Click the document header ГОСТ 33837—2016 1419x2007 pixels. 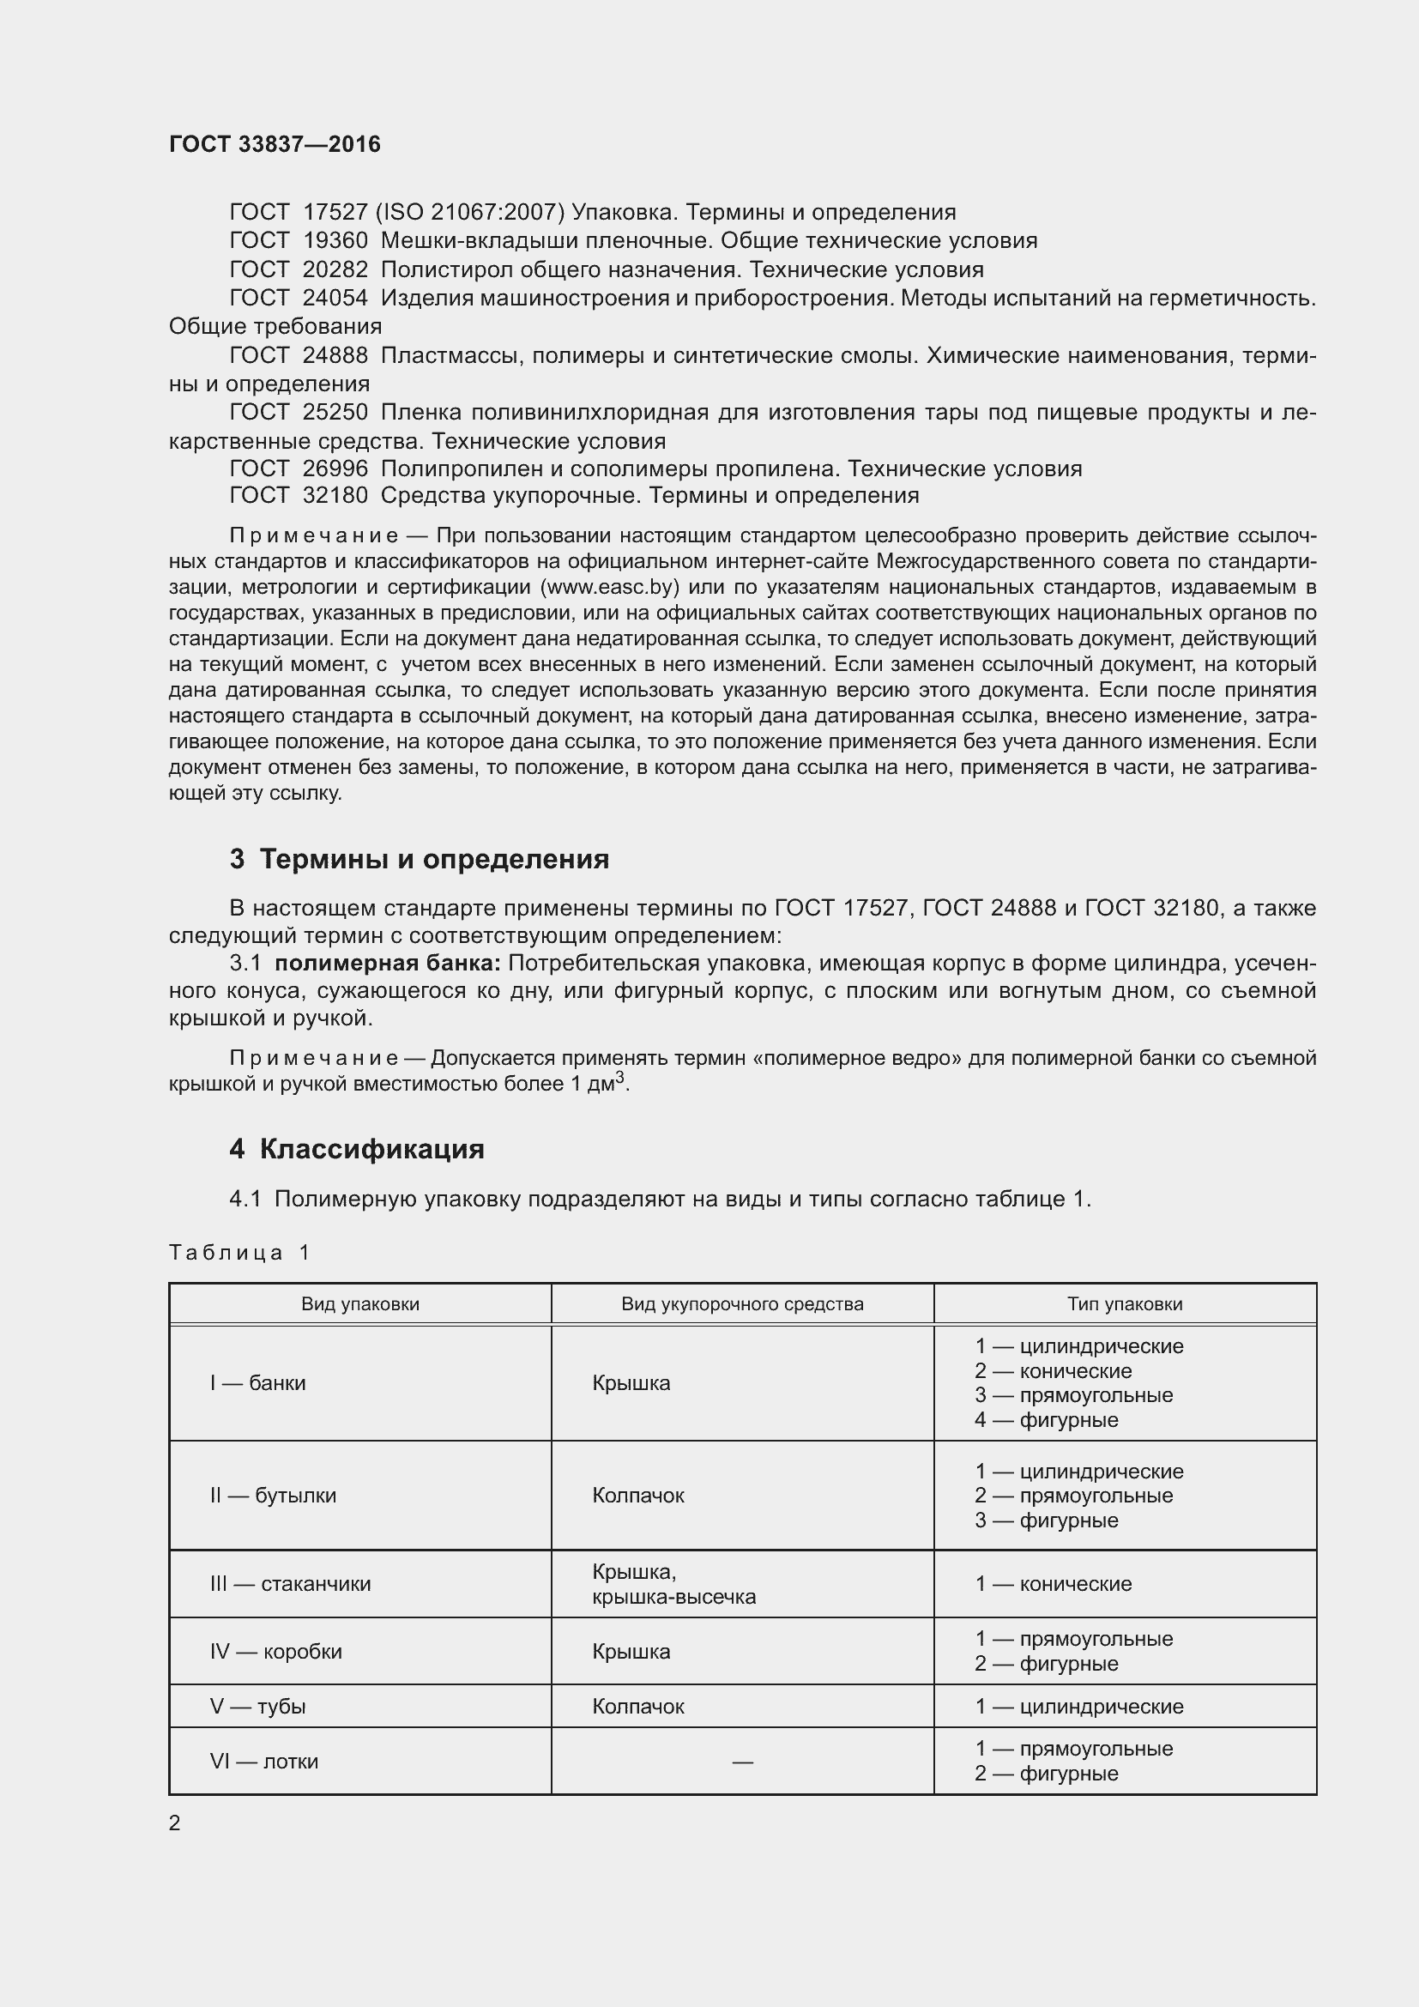(x=275, y=144)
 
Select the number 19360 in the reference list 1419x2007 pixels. (x=335, y=240)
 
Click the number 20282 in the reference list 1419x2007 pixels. (x=335, y=269)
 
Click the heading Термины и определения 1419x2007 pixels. (x=434, y=859)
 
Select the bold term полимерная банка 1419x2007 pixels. (x=387, y=964)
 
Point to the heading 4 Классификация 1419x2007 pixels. (x=357, y=1149)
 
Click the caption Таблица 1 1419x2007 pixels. (x=239, y=1253)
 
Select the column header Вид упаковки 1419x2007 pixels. (x=360, y=1304)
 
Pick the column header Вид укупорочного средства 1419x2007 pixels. (x=742, y=1304)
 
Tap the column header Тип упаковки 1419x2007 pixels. (x=1125, y=1304)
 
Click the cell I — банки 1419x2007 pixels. (x=257, y=1383)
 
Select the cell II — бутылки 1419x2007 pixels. (x=273, y=1496)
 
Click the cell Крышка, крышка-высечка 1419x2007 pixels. (x=673, y=1585)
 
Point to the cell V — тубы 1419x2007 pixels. (x=257, y=1707)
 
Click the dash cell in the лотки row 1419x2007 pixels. (x=742, y=1762)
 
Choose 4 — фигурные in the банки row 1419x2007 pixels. (x=1046, y=1419)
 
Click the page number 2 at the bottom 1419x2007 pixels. (x=175, y=1823)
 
